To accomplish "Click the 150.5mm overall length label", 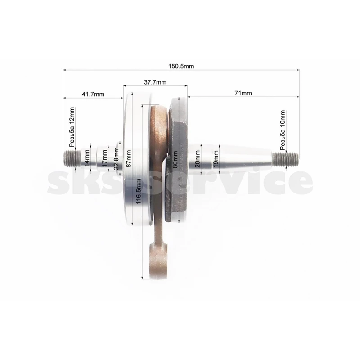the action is [181, 66].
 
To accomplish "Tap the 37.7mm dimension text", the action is [155, 82].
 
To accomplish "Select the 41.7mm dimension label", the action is [93, 94].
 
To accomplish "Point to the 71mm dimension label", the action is [243, 93].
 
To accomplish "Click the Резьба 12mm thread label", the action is [72, 127].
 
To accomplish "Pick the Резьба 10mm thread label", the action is [283, 130].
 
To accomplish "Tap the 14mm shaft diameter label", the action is [87, 158].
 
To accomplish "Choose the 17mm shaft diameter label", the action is [104, 158].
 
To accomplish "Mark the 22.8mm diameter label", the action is [116, 158].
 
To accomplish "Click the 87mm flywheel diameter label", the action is [129, 159].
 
